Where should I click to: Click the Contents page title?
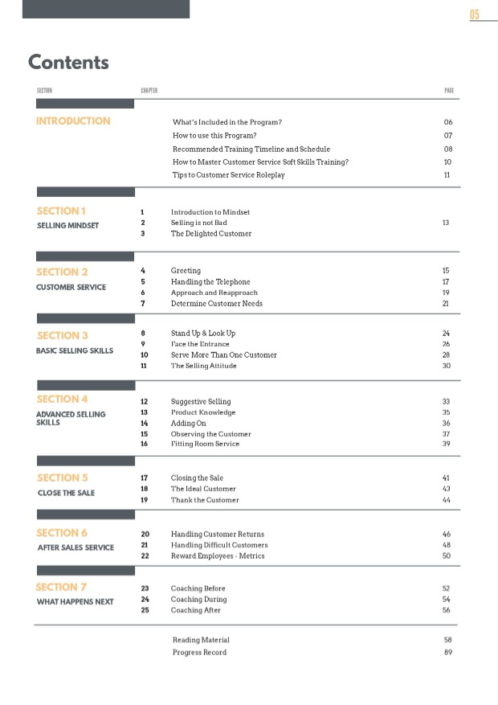[68, 62]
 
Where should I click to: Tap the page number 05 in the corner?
[475, 15]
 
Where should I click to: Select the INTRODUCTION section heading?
[73, 121]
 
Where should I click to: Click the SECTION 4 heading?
[62, 400]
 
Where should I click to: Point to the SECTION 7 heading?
[61, 588]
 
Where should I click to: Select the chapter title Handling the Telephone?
[210, 282]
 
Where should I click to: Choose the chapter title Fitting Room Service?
[205, 444]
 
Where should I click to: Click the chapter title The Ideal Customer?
[203, 489]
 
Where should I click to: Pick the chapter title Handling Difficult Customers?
[219, 545]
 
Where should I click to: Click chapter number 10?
[145, 355]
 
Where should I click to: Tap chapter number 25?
[145, 610]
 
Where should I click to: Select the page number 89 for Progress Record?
[447, 652]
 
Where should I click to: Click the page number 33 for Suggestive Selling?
[446, 401]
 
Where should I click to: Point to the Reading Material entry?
[201, 640]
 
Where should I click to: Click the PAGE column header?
[449, 91]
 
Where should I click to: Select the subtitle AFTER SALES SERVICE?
[76, 547]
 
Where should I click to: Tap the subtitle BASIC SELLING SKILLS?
[75, 350]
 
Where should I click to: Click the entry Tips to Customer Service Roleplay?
[229, 175]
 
